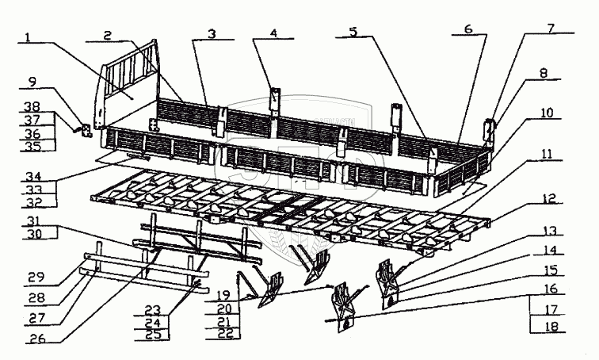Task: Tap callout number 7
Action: point(548,27)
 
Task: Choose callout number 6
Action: point(468,28)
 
